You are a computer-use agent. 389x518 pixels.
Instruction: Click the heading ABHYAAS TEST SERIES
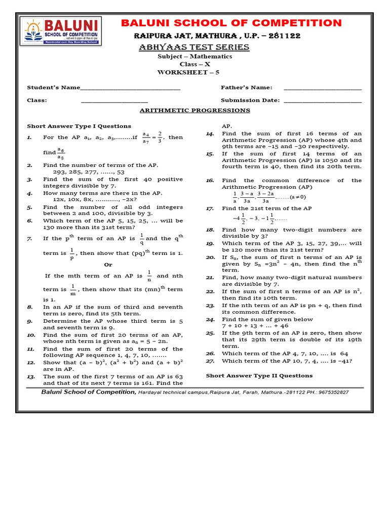click(x=194, y=47)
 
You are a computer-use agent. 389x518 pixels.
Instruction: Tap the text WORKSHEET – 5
click(x=188, y=72)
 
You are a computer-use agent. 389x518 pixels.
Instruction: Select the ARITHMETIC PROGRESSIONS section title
click(x=194, y=110)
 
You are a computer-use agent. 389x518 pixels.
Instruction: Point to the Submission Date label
click(x=250, y=100)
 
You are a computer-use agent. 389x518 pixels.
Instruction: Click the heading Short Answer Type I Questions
click(x=79, y=126)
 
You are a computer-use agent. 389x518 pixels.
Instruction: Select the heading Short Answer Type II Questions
click(x=259, y=375)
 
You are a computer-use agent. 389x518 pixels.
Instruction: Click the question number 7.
click(x=30, y=238)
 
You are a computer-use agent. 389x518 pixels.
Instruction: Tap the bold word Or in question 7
click(x=108, y=265)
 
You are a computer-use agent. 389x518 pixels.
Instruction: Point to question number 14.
click(x=210, y=134)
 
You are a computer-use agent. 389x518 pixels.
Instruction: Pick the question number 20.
click(x=210, y=257)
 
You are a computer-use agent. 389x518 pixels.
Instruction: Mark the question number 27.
click(x=210, y=361)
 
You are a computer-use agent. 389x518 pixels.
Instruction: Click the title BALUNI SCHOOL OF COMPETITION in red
click(x=232, y=23)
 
